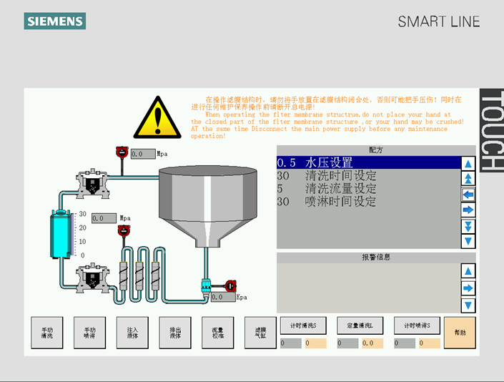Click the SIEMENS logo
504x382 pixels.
click(55, 21)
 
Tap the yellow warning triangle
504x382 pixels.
click(157, 118)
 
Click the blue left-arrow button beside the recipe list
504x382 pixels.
click(468, 194)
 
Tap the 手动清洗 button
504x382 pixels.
click(46, 333)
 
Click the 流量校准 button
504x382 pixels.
click(218, 333)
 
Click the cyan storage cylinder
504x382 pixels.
click(61, 235)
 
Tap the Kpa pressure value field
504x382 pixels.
click(222, 297)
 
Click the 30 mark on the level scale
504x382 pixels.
click(82, 214)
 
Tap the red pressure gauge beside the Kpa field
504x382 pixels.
click(230, 285)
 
